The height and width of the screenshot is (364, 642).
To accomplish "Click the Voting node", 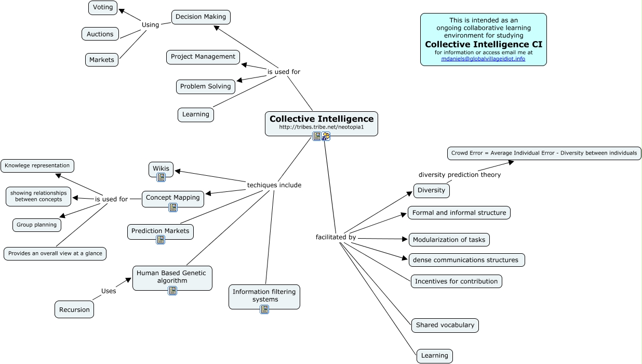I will [x=103, y=8].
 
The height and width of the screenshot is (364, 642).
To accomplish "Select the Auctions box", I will [x=100, y=34].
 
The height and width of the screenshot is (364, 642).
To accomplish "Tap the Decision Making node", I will [x=200, y=17].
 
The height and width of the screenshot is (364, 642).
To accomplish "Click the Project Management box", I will [x=203, y=57].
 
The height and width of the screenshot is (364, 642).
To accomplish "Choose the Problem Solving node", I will [x=205, y=86].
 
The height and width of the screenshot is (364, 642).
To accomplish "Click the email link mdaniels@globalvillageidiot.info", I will [x=483, y=59].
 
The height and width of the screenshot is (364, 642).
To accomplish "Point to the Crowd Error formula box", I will [x=544, y=153].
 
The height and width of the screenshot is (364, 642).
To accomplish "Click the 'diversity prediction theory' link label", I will [x=460, y=175].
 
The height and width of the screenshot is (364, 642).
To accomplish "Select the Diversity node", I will [x=431, y=190].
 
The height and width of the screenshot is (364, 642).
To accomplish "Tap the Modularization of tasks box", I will [x=449, y=240].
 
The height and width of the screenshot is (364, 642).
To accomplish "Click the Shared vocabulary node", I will [x=445, y=325].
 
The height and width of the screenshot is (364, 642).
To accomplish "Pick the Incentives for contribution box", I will [x=456, y=281].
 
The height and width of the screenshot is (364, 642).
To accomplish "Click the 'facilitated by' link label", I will [x=336, y=237].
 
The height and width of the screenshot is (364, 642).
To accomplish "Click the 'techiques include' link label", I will [x=274, y=185].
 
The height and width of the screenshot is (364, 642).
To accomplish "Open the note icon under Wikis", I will [x=161, y=177].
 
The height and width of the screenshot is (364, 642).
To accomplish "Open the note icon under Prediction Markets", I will [x=160, y=240].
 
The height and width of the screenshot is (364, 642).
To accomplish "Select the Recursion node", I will [x=74, y=309].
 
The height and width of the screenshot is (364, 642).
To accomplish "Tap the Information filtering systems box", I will [x=264, y=295].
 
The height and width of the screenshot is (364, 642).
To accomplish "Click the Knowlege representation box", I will [x=37, y=166].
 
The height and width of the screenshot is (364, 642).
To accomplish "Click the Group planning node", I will [x=36, y=225].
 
